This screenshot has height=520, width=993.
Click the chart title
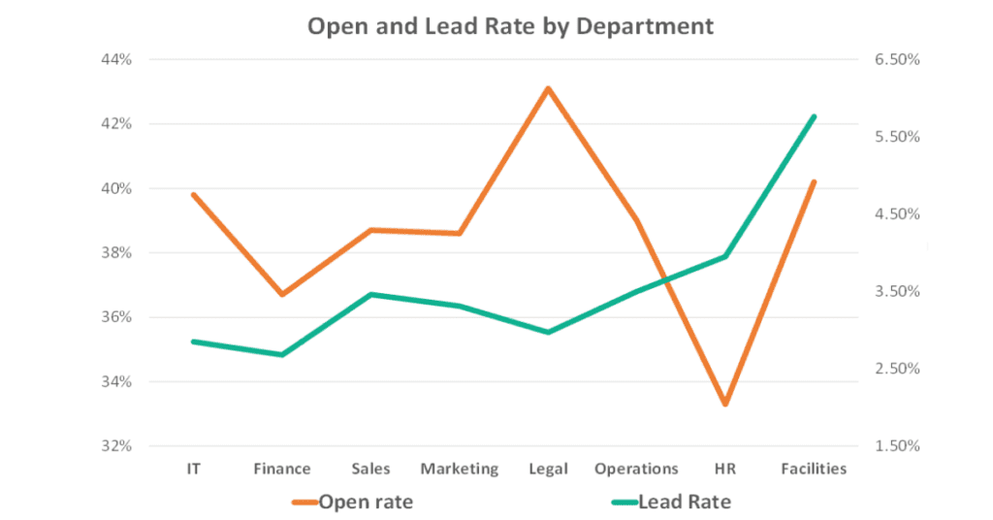tap(510, 26)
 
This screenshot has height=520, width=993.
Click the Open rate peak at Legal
tap(548, 89)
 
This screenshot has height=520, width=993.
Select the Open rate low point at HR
tap(724, 404)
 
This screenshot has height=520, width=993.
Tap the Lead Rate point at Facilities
tap(814, 116)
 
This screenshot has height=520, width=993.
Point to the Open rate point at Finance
tap(282, 294)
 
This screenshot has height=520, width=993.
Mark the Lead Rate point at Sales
tap(370, 294)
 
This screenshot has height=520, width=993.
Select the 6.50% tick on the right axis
tap(896, 60)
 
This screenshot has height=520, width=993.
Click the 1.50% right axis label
tap(896, 446)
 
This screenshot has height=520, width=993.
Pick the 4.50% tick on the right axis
tap(896, 214)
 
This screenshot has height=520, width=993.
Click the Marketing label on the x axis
tap(459, 469)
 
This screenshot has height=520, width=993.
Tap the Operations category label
tap(636, 469)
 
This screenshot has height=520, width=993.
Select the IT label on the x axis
tap(194, 469)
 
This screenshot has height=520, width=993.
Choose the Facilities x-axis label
tap(814, 469)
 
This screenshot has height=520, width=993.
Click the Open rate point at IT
tap(194, 195)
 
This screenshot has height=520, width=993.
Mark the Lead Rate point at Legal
tap(548, 332)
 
